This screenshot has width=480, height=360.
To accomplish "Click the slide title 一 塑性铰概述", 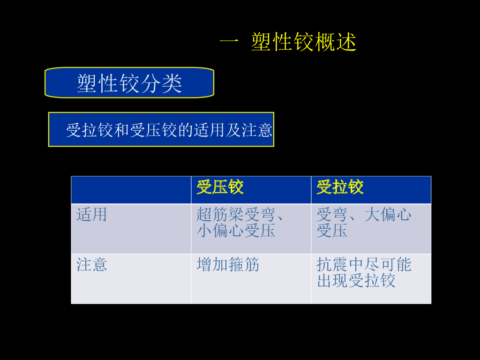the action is pos(288,42).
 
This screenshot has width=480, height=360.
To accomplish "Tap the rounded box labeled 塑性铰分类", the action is pos(129,83).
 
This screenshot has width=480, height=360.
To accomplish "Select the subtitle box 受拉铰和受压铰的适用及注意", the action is pos(161,129).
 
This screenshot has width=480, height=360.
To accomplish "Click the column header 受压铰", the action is pos(220,187).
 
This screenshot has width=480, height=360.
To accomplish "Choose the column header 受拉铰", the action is pos(340,187).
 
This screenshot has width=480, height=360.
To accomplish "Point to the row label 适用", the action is pos(91,215).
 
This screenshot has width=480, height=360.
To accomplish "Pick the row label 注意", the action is pos(91,265).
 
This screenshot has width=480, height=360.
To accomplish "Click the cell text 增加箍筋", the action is pos(228,265).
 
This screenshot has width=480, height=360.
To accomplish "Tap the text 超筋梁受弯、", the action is pos(240,215).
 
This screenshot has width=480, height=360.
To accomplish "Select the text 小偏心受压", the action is pos(236,231).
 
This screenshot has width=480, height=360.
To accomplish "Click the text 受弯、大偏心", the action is pos(364,215).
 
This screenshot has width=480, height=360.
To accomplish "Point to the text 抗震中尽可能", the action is pos(364,265).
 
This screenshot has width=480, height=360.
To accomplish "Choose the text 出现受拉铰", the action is pos(356,281).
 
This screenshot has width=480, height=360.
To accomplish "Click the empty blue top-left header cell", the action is pos(131,190).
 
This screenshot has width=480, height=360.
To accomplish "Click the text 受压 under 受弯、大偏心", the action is pos(332,231).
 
